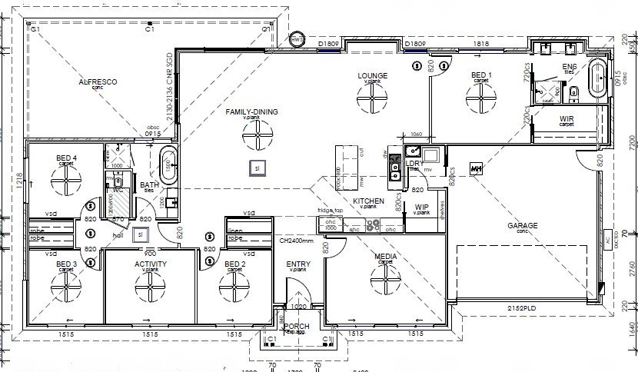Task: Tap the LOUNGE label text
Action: point(372,75)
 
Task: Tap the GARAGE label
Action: point(522,226)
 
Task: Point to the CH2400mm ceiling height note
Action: point(297,240)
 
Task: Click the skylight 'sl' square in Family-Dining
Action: point(258,167)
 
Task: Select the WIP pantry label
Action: point(421,207)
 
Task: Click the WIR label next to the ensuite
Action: point(566,120)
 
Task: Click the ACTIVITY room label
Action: point(151,264)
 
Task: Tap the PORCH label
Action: point(297,327)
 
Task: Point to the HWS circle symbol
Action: point(297,39)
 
